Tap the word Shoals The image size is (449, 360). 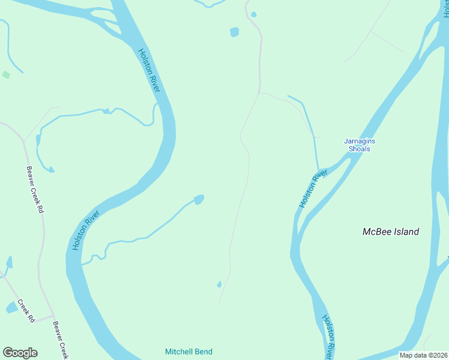pos(359,149)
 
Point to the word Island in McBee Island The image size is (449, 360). pos(406,232)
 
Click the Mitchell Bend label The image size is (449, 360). pos(189,352)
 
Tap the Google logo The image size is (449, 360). pos(20,353)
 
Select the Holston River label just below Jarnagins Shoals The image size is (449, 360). pos(313,190)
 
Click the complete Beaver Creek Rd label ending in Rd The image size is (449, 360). pos(35,190)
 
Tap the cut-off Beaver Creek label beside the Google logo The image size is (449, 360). pos(59,340)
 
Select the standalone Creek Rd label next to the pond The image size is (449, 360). pos(25,311)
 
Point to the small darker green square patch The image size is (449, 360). pos(6,74)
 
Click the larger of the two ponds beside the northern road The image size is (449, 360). pos(234,32)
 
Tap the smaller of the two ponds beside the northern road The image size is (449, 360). pos(254,14)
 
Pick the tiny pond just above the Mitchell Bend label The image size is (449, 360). pos(219,284)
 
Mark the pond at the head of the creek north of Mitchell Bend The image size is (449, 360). pos(199,199)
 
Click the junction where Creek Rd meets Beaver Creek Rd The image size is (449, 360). pos(53,316)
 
